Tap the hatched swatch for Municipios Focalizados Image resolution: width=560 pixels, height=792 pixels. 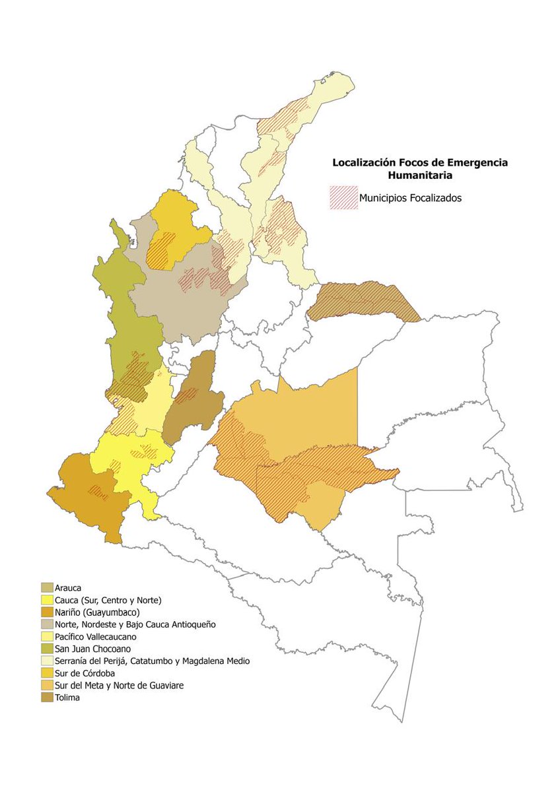click(343, 198)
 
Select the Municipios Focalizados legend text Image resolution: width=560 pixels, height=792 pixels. click(410, 198)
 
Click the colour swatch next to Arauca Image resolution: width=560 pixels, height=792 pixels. click(47, 588)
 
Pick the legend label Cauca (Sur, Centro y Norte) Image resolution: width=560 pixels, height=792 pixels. click(109, 600)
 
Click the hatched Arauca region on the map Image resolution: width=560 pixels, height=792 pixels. click(363, 302)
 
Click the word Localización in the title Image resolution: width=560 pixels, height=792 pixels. click(365, 162)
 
